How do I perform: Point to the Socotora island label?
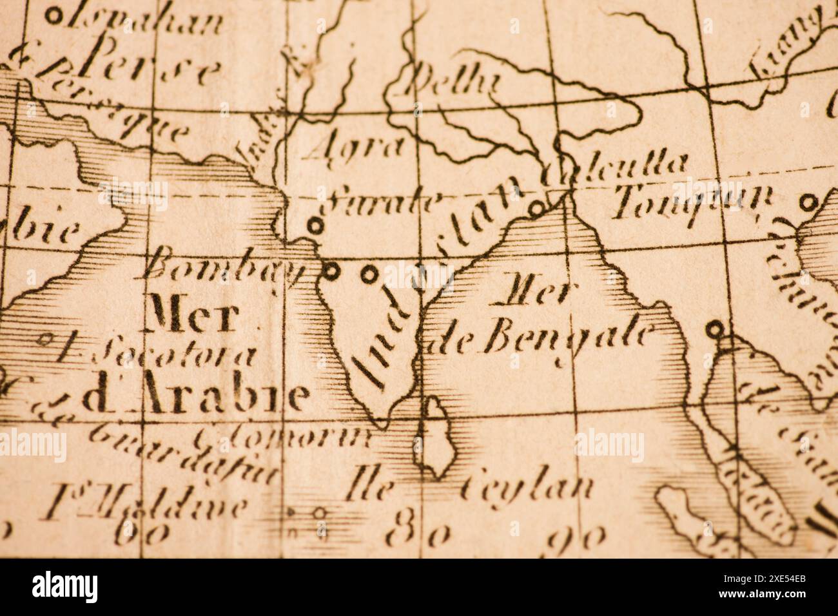(161, 352)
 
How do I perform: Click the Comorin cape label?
(284, 438)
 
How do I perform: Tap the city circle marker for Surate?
(315, 226)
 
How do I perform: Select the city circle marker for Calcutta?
(536, 207)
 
